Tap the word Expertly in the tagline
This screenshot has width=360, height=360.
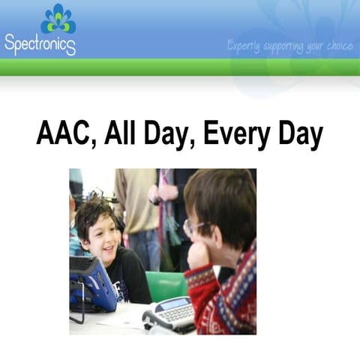click(244, 46)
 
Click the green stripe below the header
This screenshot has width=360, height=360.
click(180, 67)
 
